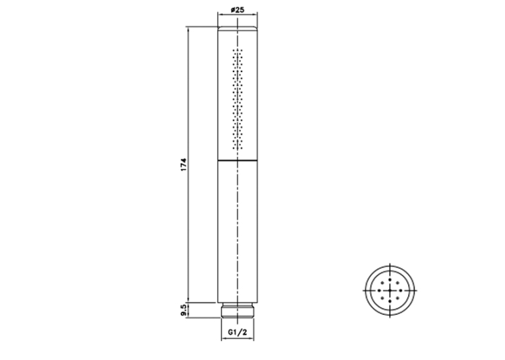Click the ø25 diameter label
click(238, 10)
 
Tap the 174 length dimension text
click(184, 164)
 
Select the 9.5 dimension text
click(184, 310)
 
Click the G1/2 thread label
click(238, 332)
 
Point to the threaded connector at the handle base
click(238, 310)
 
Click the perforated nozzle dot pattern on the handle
click(238, 99)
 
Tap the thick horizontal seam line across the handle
click(238, 160)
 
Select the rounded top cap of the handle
click(238, 28)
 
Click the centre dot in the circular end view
click(390, 291)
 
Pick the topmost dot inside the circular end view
click(390, 280)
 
